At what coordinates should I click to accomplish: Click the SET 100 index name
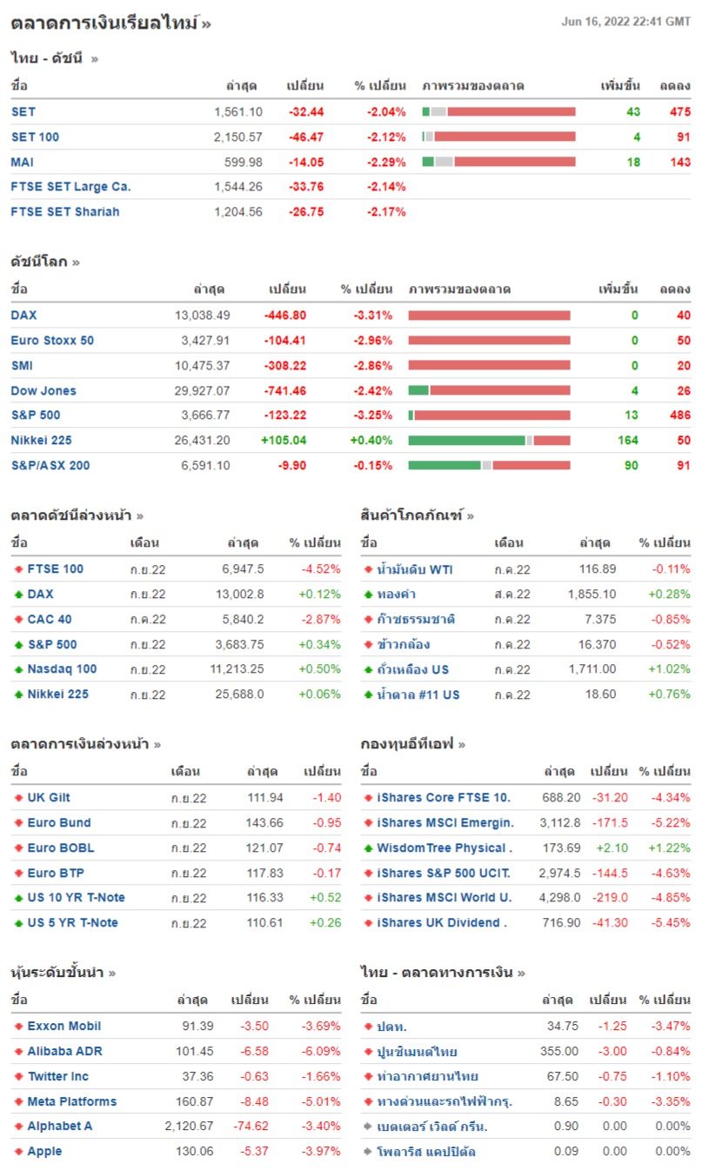pyautogui.click(x=35, y=137)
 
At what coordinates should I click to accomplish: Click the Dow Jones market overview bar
pyautogui.click(x=489, y=391)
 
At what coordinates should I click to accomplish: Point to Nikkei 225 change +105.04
pyautogui.click(x=284, y=441)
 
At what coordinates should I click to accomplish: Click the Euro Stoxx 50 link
pyautogui.click(x=52, y=341)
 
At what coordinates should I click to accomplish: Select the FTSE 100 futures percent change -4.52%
pyautogui.click(x=319, y=569)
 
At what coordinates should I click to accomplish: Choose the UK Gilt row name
pyautogui.click(x=49, y=798)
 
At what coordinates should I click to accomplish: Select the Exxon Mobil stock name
pyautogui.click(x=64, y=1027)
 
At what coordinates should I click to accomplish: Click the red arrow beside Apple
pyautogui.click(x=18, y=1152)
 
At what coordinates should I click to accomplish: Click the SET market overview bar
pyautogui.click(x=498, y=112)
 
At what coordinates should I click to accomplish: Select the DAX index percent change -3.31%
pyautogui.click(x=372, y=316)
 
